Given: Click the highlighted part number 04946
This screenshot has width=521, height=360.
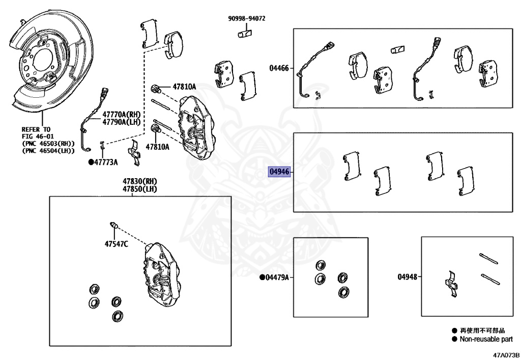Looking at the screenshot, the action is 279,172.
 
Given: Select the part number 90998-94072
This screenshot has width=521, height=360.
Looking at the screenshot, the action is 247,19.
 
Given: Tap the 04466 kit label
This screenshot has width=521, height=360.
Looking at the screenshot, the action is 279,68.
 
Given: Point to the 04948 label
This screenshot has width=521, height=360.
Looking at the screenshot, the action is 408,276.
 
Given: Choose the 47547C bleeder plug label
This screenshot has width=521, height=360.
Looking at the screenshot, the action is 117,244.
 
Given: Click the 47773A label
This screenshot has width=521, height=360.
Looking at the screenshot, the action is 106,162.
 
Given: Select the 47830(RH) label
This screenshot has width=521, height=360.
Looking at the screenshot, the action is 140,181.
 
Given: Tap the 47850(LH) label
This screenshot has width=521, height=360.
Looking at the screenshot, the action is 140,189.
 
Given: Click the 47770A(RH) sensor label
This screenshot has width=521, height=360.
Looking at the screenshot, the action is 121,115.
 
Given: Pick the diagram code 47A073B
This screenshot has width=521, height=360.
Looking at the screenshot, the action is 506,355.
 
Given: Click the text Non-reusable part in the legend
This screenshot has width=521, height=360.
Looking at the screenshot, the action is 486,340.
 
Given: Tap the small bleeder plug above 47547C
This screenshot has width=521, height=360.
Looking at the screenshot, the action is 114,225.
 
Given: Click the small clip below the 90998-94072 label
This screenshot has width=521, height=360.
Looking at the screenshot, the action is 245,34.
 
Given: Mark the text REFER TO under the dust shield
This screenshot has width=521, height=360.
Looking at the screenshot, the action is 36,129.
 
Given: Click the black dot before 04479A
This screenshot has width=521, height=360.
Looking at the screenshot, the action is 262,277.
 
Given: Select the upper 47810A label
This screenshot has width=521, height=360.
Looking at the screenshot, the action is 184,87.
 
